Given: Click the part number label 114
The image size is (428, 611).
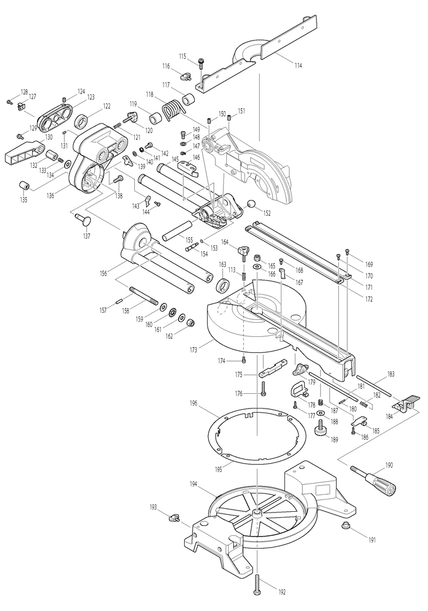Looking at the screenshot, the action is tap(298, 66).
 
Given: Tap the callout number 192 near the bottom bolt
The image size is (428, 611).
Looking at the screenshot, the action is tap(282, 592).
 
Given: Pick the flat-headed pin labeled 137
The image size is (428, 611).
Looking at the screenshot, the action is tap(83, 219).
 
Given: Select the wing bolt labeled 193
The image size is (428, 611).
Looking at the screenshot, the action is tap(174, 518).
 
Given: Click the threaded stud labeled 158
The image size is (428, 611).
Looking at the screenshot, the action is tap(144, 296).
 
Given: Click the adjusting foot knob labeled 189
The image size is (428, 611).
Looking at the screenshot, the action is tap(321, 428).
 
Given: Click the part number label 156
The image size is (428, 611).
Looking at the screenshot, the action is tap(103, 273).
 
